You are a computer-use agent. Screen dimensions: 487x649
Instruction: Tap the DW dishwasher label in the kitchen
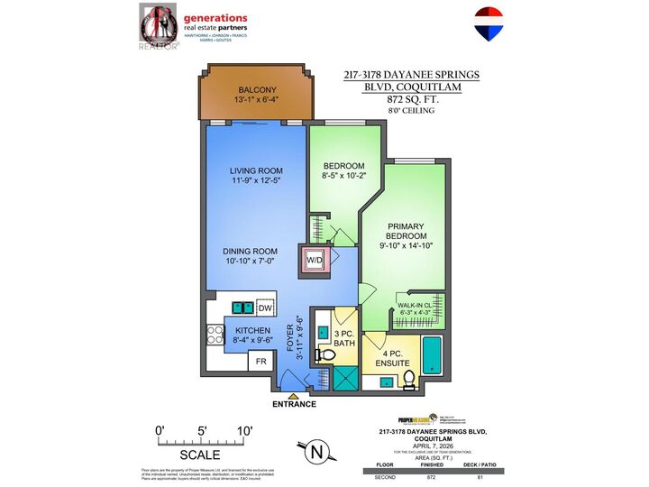point(265,308)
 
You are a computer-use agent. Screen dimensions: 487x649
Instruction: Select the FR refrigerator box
point(260,361)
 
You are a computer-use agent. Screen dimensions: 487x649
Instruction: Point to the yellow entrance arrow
point(292,394)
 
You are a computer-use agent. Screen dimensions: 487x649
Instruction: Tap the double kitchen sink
point(241,308)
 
